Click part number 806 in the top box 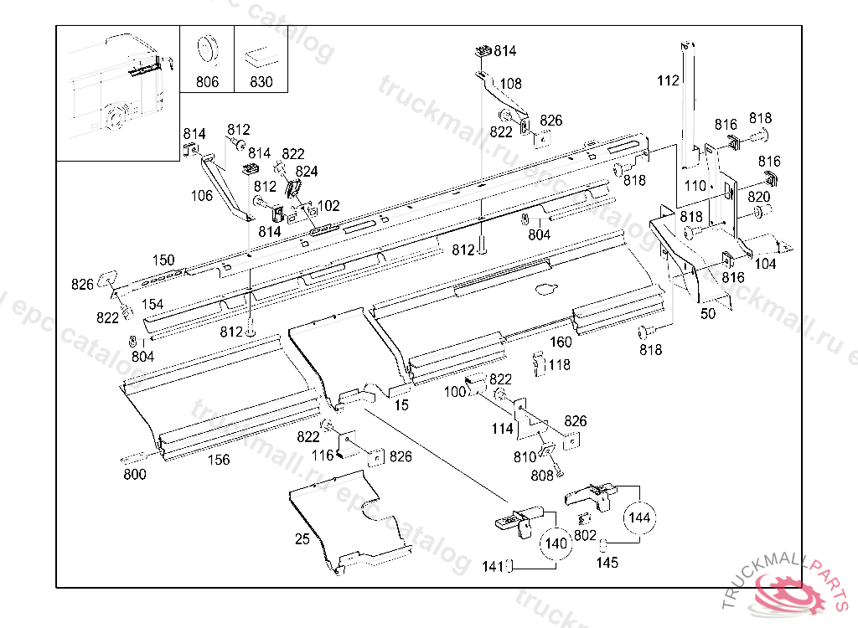click(208, 82)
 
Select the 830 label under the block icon click(261, 82)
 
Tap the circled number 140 click(556, 543)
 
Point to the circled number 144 click(639, 517)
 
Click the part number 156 click(219, 460)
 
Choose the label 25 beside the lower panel click(302, 539)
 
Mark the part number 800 click(135, 474)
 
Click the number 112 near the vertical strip click(668, 81)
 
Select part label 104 click(765, 265)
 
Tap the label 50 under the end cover click(708, 314)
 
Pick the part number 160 click(561, 342)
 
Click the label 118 click(559, 365)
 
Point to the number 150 click(163, 260)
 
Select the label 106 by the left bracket click(201, 196)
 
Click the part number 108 click(510, 84)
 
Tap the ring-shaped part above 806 click(207, 49)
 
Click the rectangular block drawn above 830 click(261, 56)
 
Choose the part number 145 click(607, 563)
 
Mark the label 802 click(585, 535)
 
